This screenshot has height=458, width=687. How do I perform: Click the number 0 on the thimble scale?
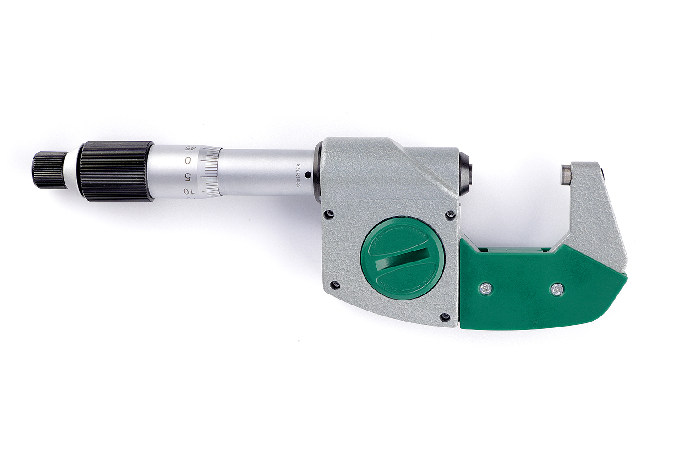(x=188, y=160)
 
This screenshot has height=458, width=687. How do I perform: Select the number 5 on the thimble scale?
(x=187, y=176)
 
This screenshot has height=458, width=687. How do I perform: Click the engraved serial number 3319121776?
(x=299, y=175)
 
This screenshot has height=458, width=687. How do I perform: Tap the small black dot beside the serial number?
(x=308, y=174)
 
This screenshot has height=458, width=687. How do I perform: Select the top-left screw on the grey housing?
(x=328, y=213)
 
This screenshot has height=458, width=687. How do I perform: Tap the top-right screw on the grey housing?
(x=450, y=214)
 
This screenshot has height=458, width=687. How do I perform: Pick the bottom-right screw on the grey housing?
(x=444, y=316)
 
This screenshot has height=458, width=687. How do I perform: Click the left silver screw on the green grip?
(x=485, y=289)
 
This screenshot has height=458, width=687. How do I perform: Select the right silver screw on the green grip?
(x=556, y=289)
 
